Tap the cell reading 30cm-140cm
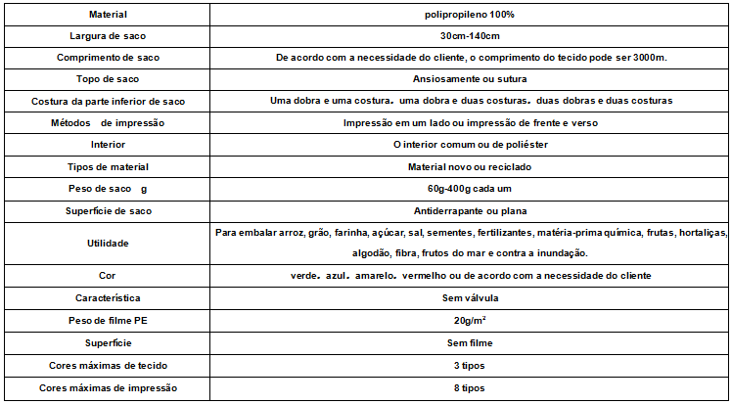472,37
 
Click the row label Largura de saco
108,37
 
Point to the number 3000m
648,59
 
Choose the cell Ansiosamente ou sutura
472,79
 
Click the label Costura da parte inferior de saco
108,101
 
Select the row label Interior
108,144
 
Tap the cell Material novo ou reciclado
472,166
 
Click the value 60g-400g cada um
472,188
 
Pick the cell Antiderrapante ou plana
472,210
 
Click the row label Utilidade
108,243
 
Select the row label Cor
108,276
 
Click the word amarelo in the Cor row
375,276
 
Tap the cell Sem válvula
472,297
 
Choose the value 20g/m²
472,320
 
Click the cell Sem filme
472,343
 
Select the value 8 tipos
472,388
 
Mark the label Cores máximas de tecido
108,366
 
